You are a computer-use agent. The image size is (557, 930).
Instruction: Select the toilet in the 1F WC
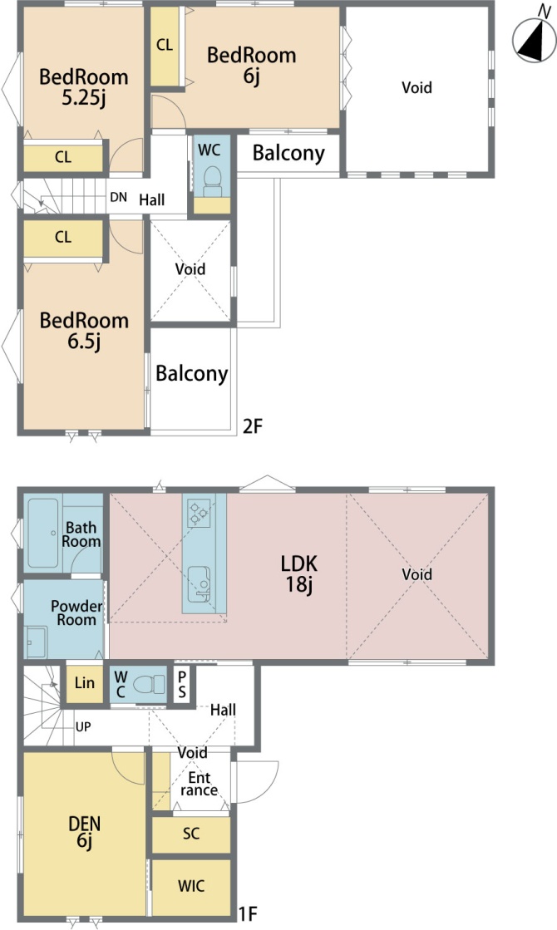click(x=149, y=685)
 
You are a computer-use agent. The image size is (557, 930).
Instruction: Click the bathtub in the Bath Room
click(x=42, y=533)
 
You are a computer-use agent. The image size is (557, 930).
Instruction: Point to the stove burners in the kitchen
click(x=198, y=514)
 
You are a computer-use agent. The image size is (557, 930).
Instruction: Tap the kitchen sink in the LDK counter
click(x=199, y=583)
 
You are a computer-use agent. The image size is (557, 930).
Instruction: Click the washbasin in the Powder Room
click(x=37, y=642)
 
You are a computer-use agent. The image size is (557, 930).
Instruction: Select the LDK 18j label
click(x=299, y=573)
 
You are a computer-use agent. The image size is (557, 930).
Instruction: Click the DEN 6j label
click(x=84, y=832)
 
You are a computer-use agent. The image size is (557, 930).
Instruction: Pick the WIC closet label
click(x=191, y=886)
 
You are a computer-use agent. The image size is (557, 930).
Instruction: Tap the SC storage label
click(x=191, y=834)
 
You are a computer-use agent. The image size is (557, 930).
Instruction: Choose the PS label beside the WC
click(x=182, y=685)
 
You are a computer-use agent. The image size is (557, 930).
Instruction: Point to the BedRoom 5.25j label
click(x=84, y=86)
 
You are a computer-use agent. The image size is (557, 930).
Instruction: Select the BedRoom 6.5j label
click(x=84, y=331)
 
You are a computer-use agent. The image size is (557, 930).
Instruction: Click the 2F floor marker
click(x=252, y=426)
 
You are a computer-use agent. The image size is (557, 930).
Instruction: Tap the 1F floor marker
click(x=248, y=914)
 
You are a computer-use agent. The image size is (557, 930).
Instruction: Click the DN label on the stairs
click(x=119, y=197)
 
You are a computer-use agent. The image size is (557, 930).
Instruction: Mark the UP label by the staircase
click(x=83, y=726)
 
